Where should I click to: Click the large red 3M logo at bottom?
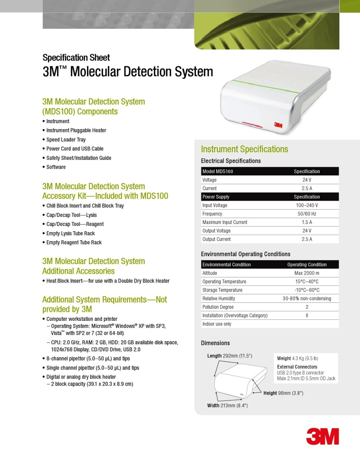click(322, 436)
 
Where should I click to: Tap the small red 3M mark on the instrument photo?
click(278, 125)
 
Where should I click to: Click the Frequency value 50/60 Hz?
click(307, 214)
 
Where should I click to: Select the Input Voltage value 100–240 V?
click(307, 205)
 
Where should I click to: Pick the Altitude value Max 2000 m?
click(307, 273)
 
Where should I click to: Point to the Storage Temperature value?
click(307, 290)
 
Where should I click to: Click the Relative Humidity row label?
click(219, 299)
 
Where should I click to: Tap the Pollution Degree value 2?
click(307, 307)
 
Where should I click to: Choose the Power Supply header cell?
click(216, 197)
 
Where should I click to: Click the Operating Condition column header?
click(307, 265)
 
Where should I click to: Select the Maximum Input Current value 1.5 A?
click(307, 222)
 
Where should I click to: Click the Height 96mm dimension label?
click(283, 393)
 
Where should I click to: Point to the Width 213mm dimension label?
click(227, 406)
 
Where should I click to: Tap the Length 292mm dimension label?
click(229, 356)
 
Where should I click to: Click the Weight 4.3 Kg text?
click(297, 358)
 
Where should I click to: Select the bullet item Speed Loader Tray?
click(66, 140)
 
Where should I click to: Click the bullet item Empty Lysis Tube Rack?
click(71, 233)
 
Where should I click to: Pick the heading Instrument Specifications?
click(244, 149)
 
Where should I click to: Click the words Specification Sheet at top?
click(76, 58)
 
